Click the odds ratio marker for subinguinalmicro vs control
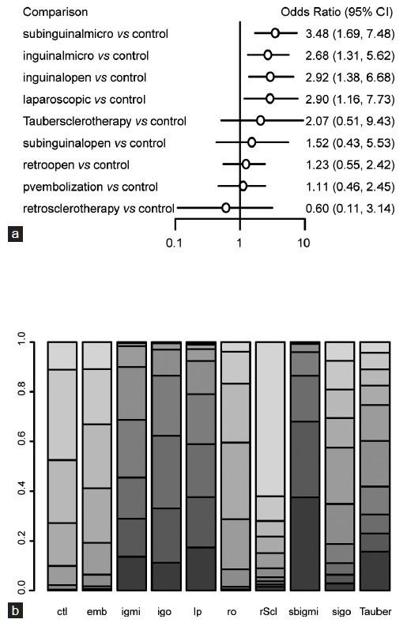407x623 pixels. (275, 33)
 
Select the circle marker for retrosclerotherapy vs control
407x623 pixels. (226, 208)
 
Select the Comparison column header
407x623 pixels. (55, 12)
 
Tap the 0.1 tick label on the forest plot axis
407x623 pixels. (175, 244)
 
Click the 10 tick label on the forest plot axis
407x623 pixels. (303, 244)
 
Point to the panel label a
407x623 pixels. (13, 233)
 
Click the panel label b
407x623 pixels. (13, 611)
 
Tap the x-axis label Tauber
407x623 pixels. (375, 611)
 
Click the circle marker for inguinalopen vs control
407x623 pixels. (270, 77)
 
